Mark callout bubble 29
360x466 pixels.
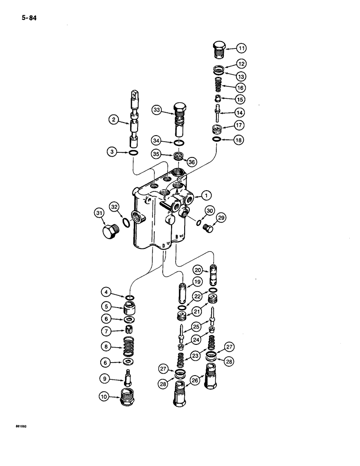pyautogui.click(x=222, y=218)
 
